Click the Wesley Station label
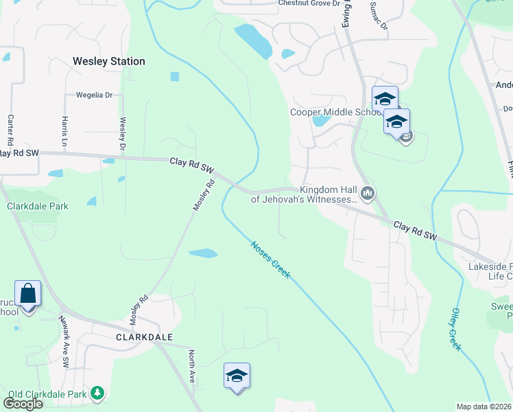109,61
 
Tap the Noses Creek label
270,260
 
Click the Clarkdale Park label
38,206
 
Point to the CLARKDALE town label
144,337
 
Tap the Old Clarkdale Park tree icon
99,393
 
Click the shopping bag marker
28,294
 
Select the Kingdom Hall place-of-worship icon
368,194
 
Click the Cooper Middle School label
335,113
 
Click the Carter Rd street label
10,129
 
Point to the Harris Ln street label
65,129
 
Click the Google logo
23,404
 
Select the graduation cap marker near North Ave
237,376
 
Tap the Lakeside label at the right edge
490,266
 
